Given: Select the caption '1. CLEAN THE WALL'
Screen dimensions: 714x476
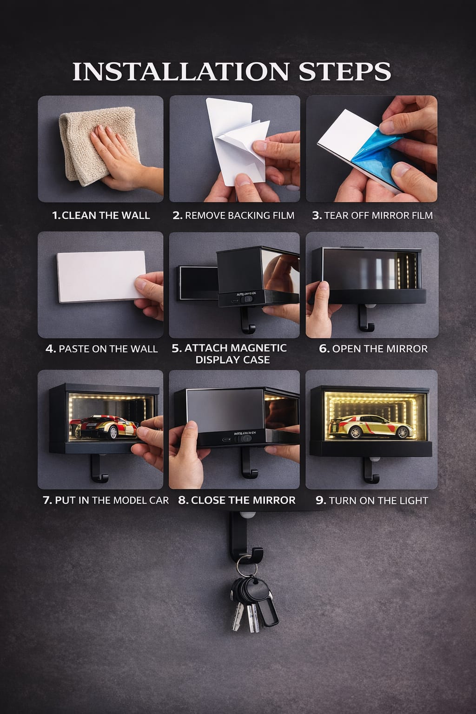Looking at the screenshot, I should click(x=101, y=215).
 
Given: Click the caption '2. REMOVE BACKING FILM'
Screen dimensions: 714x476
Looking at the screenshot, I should click(x=233, y=215).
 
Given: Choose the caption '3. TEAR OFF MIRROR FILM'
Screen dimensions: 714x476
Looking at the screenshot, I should click(x=372, y=215).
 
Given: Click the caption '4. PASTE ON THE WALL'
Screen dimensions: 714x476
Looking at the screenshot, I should click(x=101, y=349).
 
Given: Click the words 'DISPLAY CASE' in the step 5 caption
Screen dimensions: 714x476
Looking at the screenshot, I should click(x=232, y=360).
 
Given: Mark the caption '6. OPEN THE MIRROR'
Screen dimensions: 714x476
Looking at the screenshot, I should click(x=373, y=349).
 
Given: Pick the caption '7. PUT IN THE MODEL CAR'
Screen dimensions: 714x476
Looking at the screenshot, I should click(x=106, y=500).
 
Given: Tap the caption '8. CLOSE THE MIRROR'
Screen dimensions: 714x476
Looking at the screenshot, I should click(x=237, y=500).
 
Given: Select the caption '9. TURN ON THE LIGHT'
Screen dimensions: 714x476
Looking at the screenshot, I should click(x=372, y=500).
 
